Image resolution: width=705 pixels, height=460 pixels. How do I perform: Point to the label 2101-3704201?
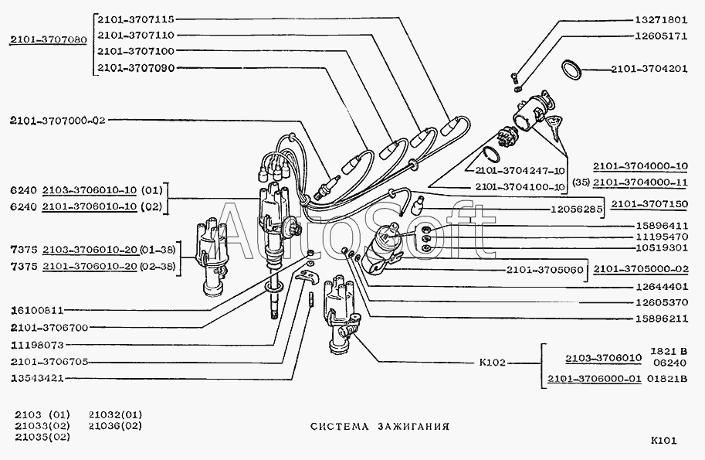click(649, 68)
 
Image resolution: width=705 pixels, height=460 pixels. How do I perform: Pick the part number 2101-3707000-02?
click(58, 120)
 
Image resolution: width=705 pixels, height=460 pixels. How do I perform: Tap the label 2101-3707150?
click(649, 204)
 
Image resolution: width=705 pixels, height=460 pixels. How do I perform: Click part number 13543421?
click(37, 379)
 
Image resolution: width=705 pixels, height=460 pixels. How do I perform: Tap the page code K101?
click(664, 441)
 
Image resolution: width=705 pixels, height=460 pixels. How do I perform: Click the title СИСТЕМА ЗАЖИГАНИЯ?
click(380, 426)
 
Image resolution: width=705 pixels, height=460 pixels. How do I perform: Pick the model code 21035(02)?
click(42, 437)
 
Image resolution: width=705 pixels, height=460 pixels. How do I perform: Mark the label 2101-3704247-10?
click(520, 171)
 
